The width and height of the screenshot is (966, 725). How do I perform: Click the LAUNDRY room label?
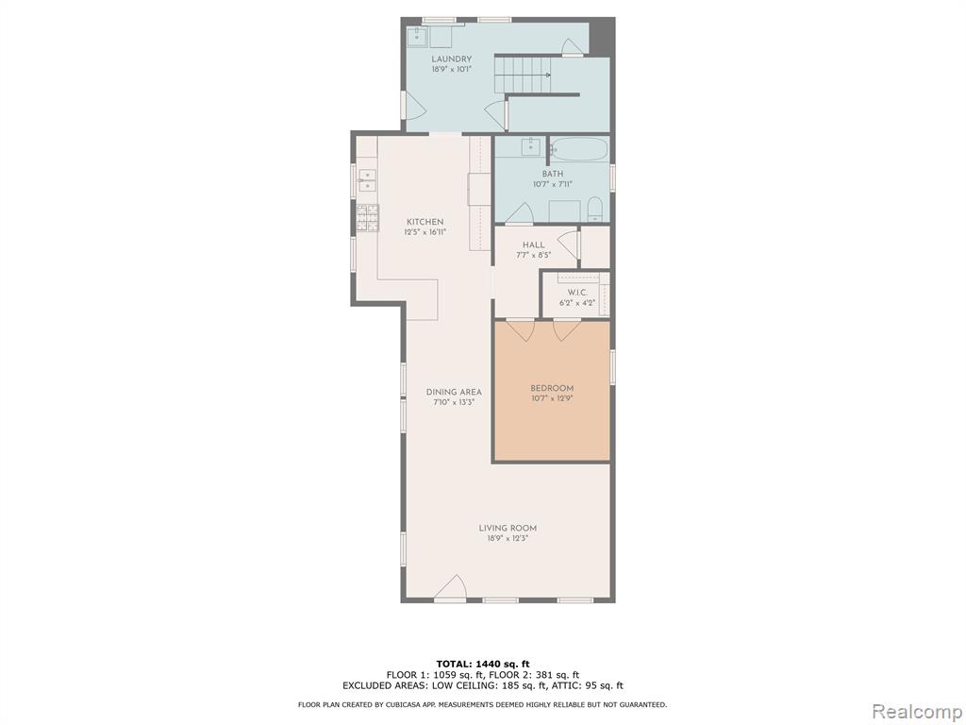452,59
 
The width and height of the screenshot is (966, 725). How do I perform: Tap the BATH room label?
553,174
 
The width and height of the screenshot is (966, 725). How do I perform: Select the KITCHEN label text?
425,222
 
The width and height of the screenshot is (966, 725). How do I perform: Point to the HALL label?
534,244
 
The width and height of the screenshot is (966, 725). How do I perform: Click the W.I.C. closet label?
577,293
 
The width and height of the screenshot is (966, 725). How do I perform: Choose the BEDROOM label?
552,388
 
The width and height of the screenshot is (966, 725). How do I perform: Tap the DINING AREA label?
454,392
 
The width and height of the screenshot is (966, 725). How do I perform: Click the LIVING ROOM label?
508,529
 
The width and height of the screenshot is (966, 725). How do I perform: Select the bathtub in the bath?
579,149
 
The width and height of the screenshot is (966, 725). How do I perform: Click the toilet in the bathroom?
595,210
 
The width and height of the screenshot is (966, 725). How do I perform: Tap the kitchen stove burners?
368,218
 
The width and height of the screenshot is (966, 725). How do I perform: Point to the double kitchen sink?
367,179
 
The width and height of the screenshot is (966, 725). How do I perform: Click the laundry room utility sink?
418,36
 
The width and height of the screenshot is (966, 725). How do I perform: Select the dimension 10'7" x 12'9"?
552,398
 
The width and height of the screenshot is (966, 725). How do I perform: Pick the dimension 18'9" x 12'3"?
508,538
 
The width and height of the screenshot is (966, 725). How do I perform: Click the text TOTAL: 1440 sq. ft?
483,664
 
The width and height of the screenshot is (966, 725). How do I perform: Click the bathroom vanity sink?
530,148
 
